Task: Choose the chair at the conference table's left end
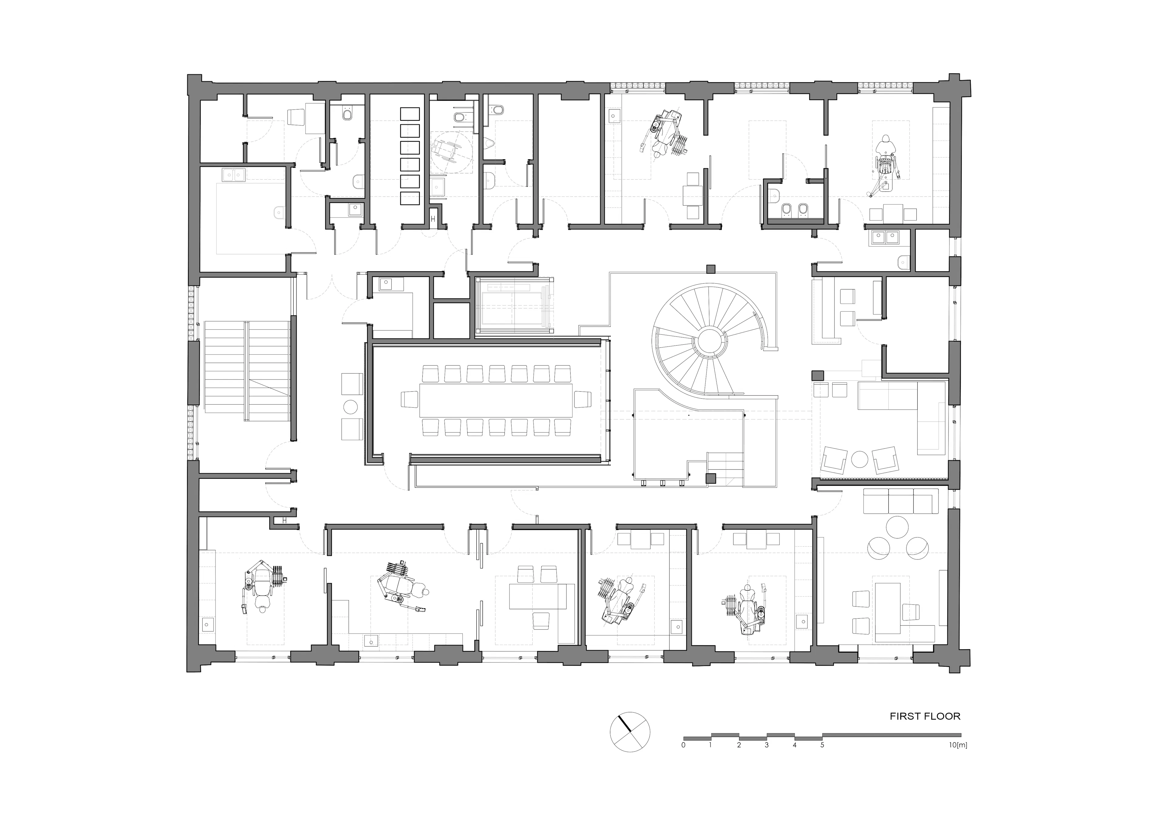[409, 399]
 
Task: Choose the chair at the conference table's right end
[582, 399]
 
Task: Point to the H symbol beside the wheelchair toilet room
[433, 219]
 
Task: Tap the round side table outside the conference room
[351, 407]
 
